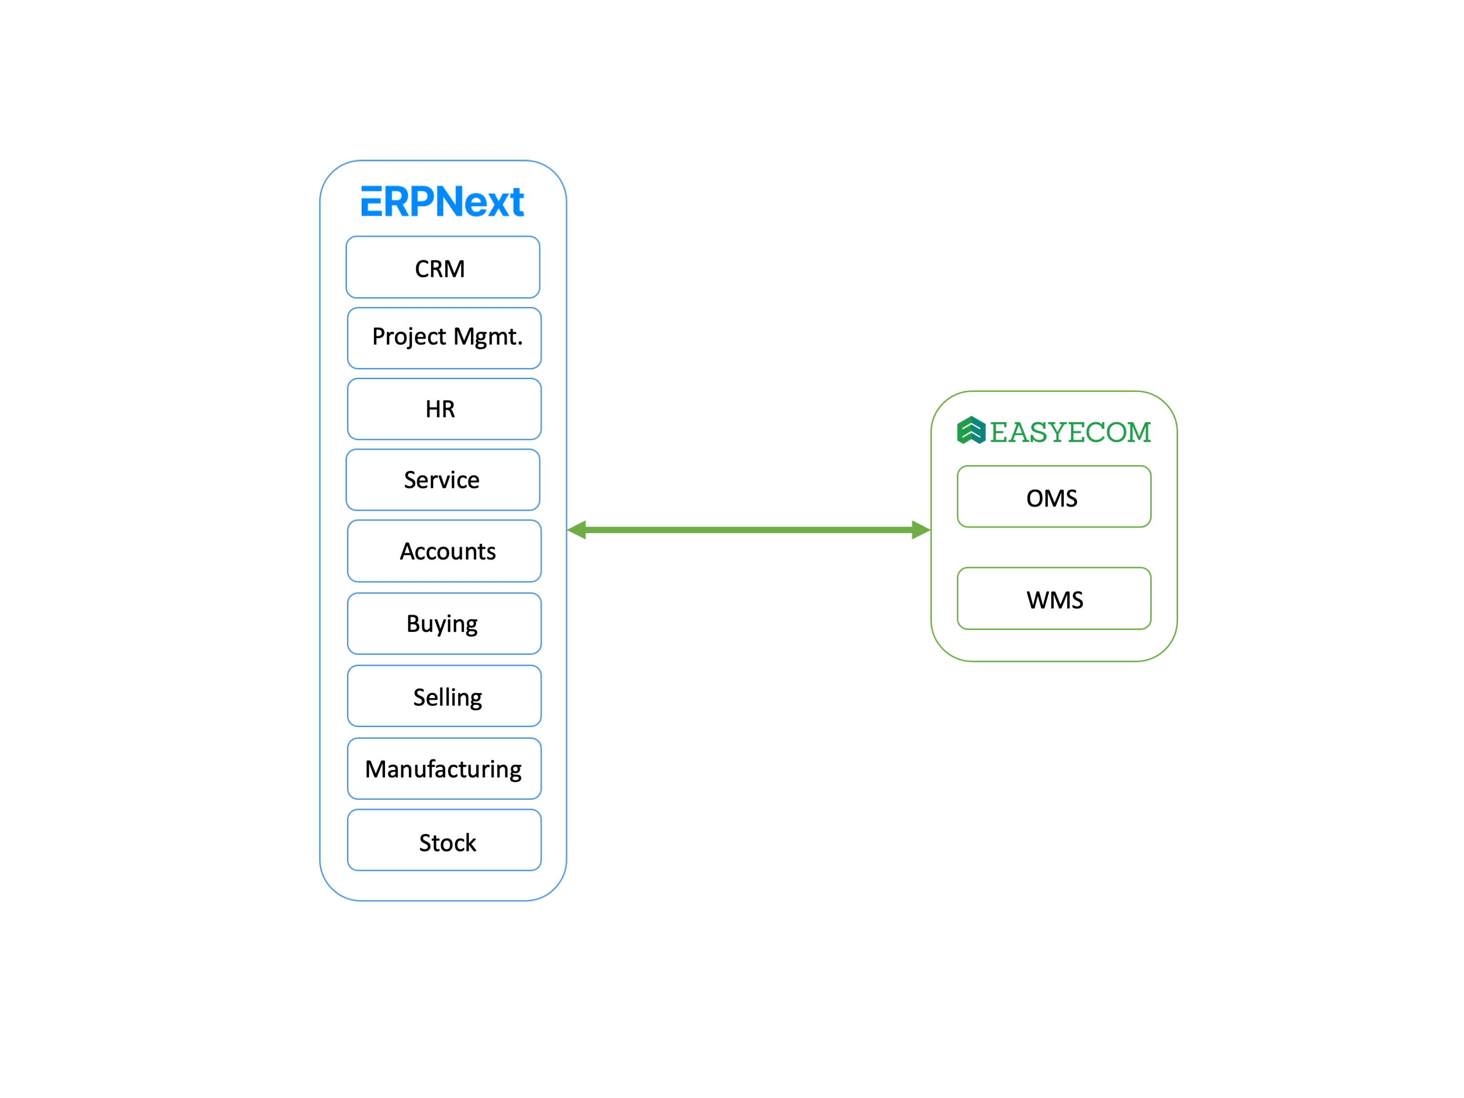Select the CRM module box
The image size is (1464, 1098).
pos(443,267)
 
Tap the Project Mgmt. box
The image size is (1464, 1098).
pos(444,338)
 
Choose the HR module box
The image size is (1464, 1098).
pos(444,409)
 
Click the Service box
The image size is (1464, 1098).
pos(443,480)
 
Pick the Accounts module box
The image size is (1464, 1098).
pos(444,550)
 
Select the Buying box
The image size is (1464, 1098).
pos(444,624)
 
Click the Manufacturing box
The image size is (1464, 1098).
pos(444,769)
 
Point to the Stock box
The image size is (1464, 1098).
pos(444,840)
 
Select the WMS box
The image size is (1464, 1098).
pos(1054,598)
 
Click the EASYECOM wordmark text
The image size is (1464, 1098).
pos(1070,432)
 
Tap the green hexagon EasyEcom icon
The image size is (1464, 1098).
pos(971,430)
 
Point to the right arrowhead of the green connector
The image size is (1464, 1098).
pos(921,529)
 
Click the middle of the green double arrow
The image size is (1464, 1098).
pos(749,529)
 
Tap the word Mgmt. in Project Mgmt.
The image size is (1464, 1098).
pos(488,337)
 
